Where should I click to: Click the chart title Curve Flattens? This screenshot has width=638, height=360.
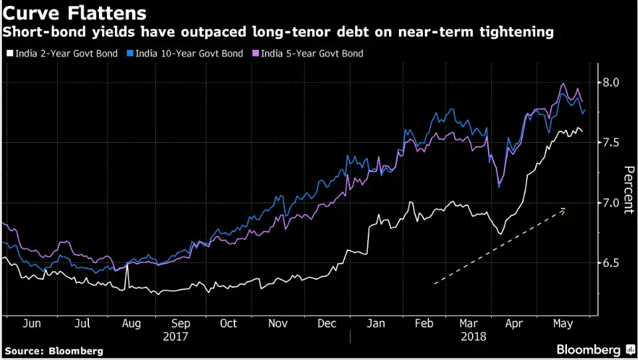coord(76,13)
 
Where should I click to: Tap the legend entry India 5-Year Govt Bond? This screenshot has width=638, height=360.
coord(312,53)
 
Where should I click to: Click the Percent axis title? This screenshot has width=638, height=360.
coord(627,189)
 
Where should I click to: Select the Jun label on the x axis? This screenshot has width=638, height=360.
coord(32,323)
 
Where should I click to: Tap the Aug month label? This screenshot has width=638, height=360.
coord(131,323)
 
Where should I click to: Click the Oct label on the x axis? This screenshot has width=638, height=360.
coord(228,323)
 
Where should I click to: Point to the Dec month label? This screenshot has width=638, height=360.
coord(326,323)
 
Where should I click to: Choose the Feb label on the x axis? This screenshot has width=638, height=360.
coord(424,323)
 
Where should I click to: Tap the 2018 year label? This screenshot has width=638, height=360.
coord(474,337)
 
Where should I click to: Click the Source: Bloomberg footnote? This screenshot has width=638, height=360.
coord(54,350)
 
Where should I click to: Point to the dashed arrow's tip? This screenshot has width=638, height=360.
coord(566,209)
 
